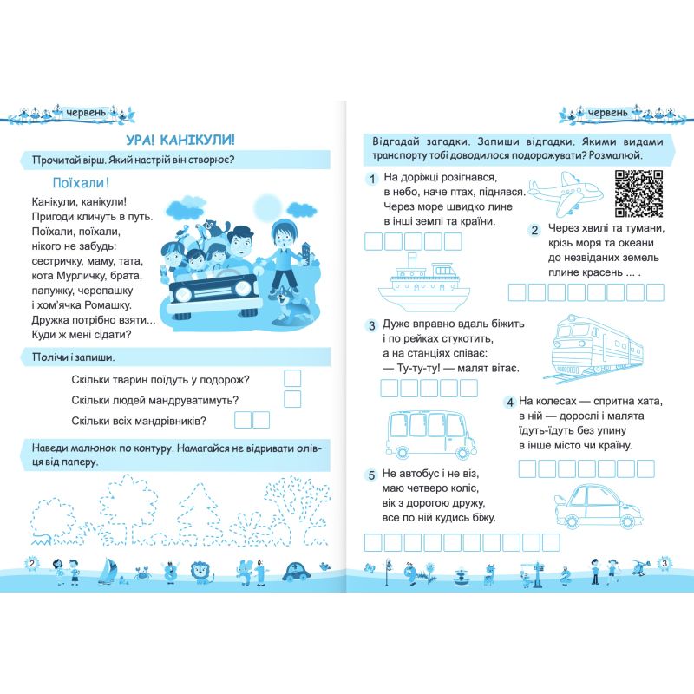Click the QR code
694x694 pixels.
tap(638, 193)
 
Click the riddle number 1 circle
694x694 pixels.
tap(370, 179)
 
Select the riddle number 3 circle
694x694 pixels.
tap(370, 325)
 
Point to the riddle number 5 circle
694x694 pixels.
tap(370, 475)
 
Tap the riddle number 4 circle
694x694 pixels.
tap(507, 402)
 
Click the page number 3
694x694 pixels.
tap(664, 565)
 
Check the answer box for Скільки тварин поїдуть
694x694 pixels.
tap(292, 378)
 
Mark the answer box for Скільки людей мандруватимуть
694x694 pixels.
tap(292, 399)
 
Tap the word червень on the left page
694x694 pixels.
tap(85, 113)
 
